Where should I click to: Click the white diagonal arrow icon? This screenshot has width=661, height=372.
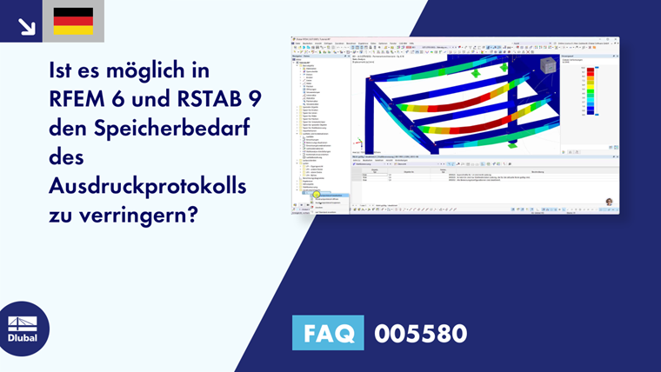pos(26,26)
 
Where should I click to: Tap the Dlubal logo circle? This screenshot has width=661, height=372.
pos(23,329)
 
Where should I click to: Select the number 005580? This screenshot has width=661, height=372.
pos(420,333)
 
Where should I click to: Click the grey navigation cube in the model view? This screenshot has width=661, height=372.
pos(549,67)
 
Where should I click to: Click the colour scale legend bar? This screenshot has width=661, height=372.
pos(591,91)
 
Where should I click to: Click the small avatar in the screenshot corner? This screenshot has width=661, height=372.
pos(609,202)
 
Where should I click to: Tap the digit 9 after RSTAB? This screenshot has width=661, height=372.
pos(255,99)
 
